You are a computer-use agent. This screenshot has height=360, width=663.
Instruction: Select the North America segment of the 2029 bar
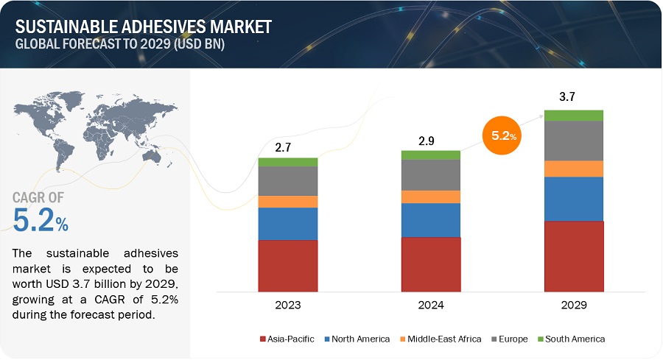click(x=574, y=199)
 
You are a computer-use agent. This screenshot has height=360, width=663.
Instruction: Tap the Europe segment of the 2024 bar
click(x=431, y=174)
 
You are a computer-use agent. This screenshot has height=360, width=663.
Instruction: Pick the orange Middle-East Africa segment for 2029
click(x=574, y=169)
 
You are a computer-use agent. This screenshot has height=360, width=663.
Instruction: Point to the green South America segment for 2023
click(x=288, y=162)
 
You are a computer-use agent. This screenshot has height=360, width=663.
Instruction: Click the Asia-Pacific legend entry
click(x=288, y=339)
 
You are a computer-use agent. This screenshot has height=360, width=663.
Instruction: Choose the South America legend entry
click(x=571, y=339)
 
